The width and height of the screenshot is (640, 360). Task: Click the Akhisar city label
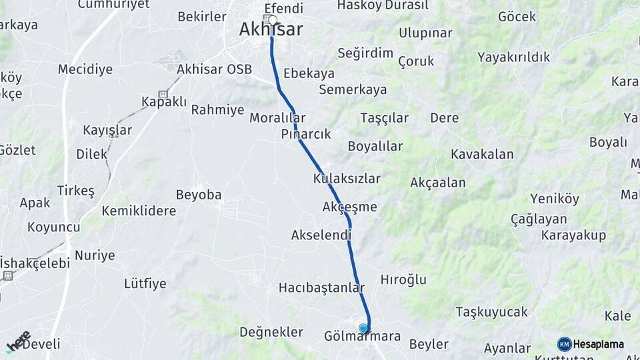click(271, 30)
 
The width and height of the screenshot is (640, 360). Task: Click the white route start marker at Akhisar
click(272, 20)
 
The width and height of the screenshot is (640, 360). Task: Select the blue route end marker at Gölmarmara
click(363, 328)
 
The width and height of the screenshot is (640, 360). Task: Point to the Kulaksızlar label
click(347, 179)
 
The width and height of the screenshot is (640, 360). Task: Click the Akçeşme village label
click(349, 207)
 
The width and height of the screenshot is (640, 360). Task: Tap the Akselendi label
click(321, 235)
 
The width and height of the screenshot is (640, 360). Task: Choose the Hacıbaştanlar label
click(322, 288)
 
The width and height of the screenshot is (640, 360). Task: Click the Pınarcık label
click(306, 134)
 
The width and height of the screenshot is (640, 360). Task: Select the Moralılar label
click(277, 118)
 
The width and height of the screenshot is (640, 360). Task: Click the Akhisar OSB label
click(214, 69)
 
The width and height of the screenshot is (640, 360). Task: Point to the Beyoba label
click(199, 195)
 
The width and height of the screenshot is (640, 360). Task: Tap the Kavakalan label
click(482, 155)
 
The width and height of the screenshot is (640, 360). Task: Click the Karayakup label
click(573, 235)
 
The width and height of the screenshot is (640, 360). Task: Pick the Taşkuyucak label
click(491, 312)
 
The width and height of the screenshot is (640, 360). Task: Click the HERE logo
click(18, 341)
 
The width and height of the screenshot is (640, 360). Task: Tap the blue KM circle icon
click(565, 344)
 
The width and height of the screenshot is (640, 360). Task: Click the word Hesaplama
click(598, 345)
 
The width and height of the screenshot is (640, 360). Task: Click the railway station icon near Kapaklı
click(163, 95)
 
